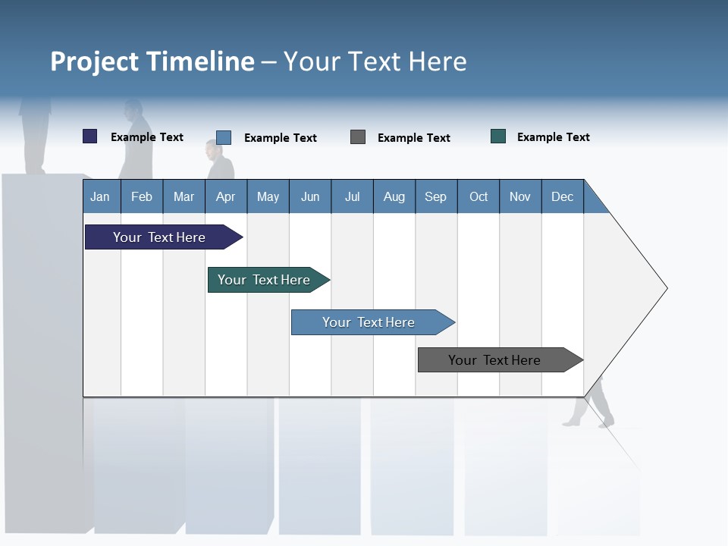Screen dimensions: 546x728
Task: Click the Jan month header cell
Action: [100, 196]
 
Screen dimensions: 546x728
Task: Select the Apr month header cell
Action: [226, 196]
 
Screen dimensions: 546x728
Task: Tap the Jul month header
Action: [352, 196]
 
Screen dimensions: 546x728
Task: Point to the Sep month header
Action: [435, 196]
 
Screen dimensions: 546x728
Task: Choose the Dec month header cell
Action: [562, 196]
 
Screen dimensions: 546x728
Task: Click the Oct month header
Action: [479, 196]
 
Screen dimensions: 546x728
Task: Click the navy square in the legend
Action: [90, 136]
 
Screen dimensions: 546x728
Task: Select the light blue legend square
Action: [224, 137]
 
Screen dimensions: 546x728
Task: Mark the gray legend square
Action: [358, 137]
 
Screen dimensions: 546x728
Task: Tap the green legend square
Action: [498, 136]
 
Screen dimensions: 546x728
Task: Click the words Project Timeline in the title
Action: [152, 61]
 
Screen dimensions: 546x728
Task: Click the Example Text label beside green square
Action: [553, 137]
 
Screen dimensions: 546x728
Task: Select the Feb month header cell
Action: [142, 196]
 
